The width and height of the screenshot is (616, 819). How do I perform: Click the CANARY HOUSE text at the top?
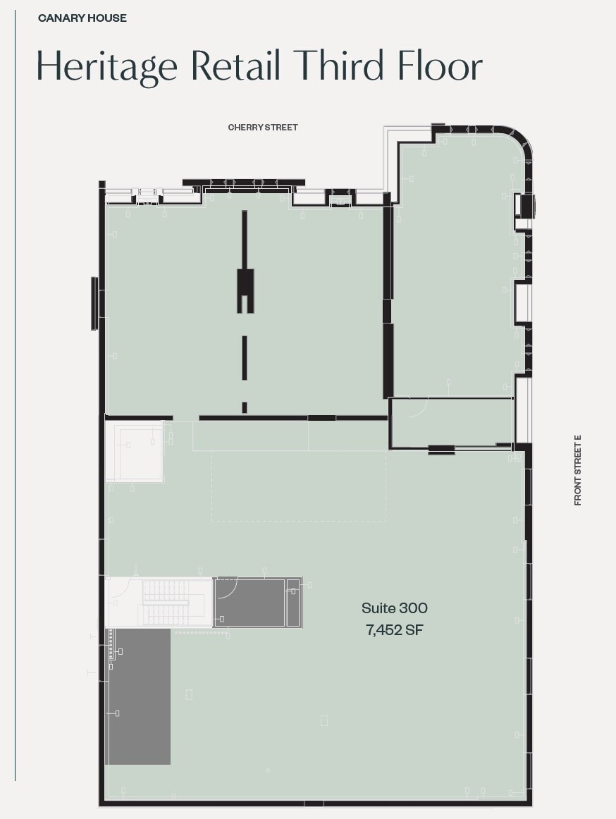tap(82, 18)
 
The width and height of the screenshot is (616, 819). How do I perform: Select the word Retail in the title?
tap(236, 65)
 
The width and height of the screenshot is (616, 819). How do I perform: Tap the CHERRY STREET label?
tap(263, 128)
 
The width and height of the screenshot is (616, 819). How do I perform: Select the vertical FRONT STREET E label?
tap(578, 470)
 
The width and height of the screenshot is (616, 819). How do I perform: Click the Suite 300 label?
tap(394, 608)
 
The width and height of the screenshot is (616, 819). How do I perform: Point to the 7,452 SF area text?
tap(394, 630)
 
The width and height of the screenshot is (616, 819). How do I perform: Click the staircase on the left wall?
tap(166, 603)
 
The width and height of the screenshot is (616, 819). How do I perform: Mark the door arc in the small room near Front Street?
tap(419, 408)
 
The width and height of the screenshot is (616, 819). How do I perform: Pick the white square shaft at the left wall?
tap(134, 451)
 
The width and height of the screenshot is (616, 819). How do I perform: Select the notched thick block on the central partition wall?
tap(245, 290)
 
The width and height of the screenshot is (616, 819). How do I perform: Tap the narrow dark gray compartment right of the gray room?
tap(293, 603)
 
